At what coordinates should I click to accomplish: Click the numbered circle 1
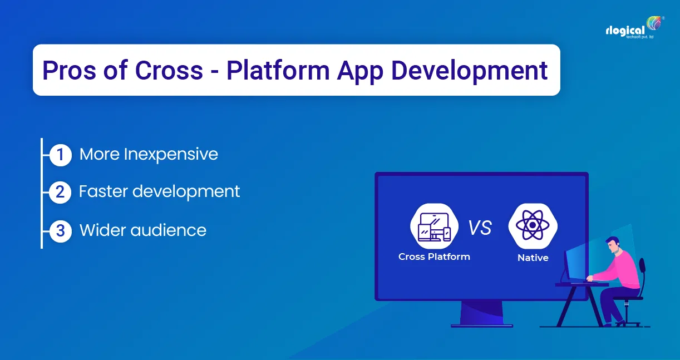tap(60, 155)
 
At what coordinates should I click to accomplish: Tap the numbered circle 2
tap(60, 193)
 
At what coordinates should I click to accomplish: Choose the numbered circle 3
tap(60, 230)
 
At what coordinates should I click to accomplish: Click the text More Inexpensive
tap(149, 154)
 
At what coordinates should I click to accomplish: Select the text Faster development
tap(159, 191)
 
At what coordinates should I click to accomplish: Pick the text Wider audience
tap(143, 230)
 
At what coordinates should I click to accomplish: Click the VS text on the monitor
tap(479, 228)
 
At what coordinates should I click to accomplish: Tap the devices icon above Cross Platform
tap(434, 226)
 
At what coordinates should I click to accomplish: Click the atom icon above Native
tap(533, 226)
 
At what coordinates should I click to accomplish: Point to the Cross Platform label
tap(434, 257)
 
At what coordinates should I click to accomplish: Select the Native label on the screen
tap(533, 258)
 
